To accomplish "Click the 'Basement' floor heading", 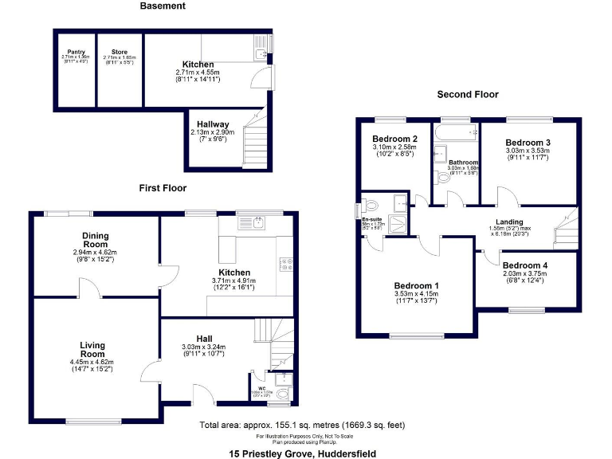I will click(x=163, y=6).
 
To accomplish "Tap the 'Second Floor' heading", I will click(x=468, y=94).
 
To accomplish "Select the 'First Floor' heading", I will click(x=163, y=188).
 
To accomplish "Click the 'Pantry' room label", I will click(x=76, y=52).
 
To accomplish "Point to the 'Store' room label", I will click(x=120, y=52).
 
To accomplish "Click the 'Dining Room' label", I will click(x=95, y=240).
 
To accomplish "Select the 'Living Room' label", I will click(x=92, y=350).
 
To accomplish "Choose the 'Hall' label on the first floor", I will click(x=205, y=339).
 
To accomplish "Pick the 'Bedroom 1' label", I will click(x=416, y=285).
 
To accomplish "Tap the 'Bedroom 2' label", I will click(x=394, y=139).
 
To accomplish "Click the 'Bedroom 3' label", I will click(x=528, y=143).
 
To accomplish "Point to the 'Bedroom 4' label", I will click(x=525, y=265).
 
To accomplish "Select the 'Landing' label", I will click(x=509, y=222).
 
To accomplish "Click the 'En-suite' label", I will click(x=372, y=219).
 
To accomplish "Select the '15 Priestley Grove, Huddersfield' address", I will click(x=306, y=453).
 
